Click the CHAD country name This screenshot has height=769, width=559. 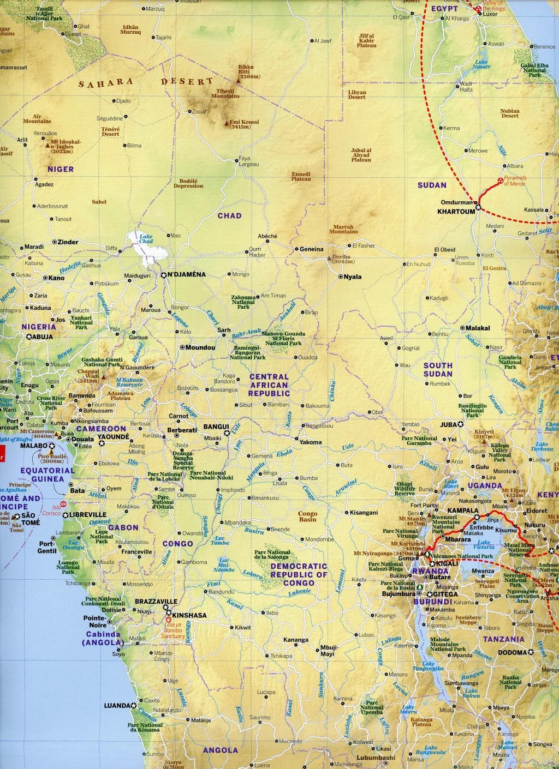point(229,216)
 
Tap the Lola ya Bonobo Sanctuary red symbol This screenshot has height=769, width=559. point(169,620)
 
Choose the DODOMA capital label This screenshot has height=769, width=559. point(512,652)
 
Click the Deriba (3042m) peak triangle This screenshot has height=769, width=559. point(328,256)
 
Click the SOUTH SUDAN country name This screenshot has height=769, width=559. point(439,369)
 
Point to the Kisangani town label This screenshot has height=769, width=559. point(364,513)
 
